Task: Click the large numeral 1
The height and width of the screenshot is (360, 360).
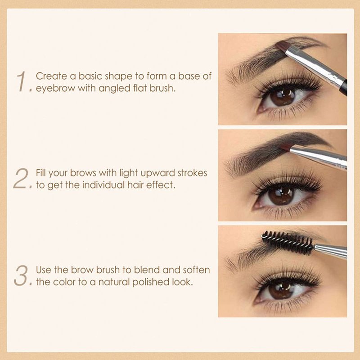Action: pos(22,81)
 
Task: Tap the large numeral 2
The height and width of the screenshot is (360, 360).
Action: pos(21,178)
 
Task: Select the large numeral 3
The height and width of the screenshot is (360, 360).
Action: pos(21,275)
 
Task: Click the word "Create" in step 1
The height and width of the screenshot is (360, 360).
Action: pos(51,76)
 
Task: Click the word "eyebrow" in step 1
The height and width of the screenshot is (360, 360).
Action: pos(55,88)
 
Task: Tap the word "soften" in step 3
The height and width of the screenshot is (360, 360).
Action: pos(196,270)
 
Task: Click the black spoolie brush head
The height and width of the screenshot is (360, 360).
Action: pos(288,243)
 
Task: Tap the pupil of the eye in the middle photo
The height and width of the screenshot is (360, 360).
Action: pos(282,195)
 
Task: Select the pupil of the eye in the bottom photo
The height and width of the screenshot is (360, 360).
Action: pos(281,290)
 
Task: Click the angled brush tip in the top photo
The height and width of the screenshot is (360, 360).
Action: pos(282,46)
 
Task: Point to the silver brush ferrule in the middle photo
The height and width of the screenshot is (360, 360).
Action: pos(318,157)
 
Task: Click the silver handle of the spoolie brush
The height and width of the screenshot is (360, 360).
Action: pos(331,251)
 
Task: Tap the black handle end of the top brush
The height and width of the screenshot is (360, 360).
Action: pos(343,88)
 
